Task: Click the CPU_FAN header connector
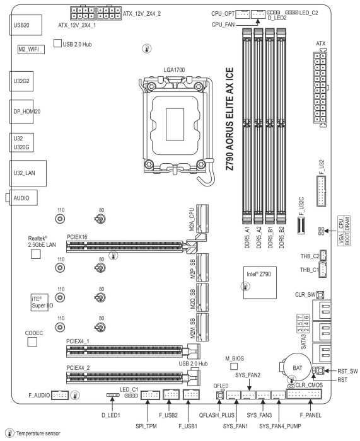[258, 14]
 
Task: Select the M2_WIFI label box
[32, 50]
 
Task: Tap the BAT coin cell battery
[297, 367]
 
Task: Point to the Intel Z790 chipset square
[260, 283]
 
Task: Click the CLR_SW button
[320, 295]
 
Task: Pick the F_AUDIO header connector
[60, 395]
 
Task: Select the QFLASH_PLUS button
[220, 395]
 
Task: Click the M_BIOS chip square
[234, 366]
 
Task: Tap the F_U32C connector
[301, 225]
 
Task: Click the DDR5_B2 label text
[281, 237]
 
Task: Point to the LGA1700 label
[174, 70]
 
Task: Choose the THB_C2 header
[323, 255]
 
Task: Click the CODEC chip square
[32, 342]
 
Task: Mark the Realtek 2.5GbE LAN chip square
[35, 254]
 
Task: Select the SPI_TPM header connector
[150, 395]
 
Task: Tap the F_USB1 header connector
[191, 394]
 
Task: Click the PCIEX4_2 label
[78, 367]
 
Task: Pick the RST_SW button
[320, 370]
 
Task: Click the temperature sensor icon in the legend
[10, 433]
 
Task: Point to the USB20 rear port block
[26, 25]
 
